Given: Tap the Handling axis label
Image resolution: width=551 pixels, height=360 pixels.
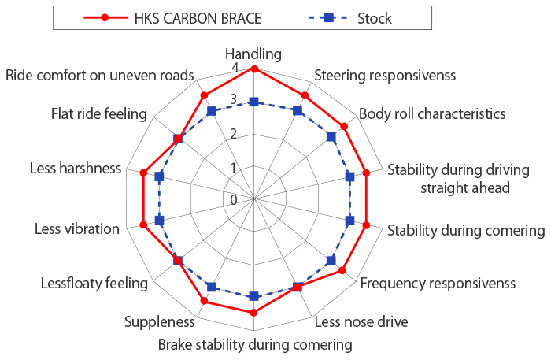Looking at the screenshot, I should tap(253, 54).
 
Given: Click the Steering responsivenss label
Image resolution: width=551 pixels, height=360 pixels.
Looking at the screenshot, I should tap(385, 76).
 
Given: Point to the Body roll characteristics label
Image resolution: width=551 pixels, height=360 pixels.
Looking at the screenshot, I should tap(432, 113).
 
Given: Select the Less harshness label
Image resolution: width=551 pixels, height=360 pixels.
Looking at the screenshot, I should tap(76, 168).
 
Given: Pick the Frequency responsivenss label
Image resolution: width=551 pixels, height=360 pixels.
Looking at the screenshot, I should tap(438, 282).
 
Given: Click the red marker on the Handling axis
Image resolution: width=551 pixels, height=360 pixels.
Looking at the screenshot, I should tap(253, 69).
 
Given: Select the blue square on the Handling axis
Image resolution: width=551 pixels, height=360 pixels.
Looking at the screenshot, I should tap(253, 102).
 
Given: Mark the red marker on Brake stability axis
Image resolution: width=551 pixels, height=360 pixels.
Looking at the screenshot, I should tap(253, 313).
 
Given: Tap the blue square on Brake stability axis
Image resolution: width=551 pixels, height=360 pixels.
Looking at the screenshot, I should tap(253, 296).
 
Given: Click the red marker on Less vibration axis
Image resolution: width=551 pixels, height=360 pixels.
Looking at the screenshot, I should tap(143, 225).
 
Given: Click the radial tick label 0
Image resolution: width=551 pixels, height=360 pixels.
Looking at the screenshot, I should tap(233, 199).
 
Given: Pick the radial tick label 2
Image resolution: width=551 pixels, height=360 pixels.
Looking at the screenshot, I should tap(233, 134).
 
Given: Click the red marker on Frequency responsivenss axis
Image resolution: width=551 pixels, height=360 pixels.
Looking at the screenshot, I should tap(342, 271).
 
